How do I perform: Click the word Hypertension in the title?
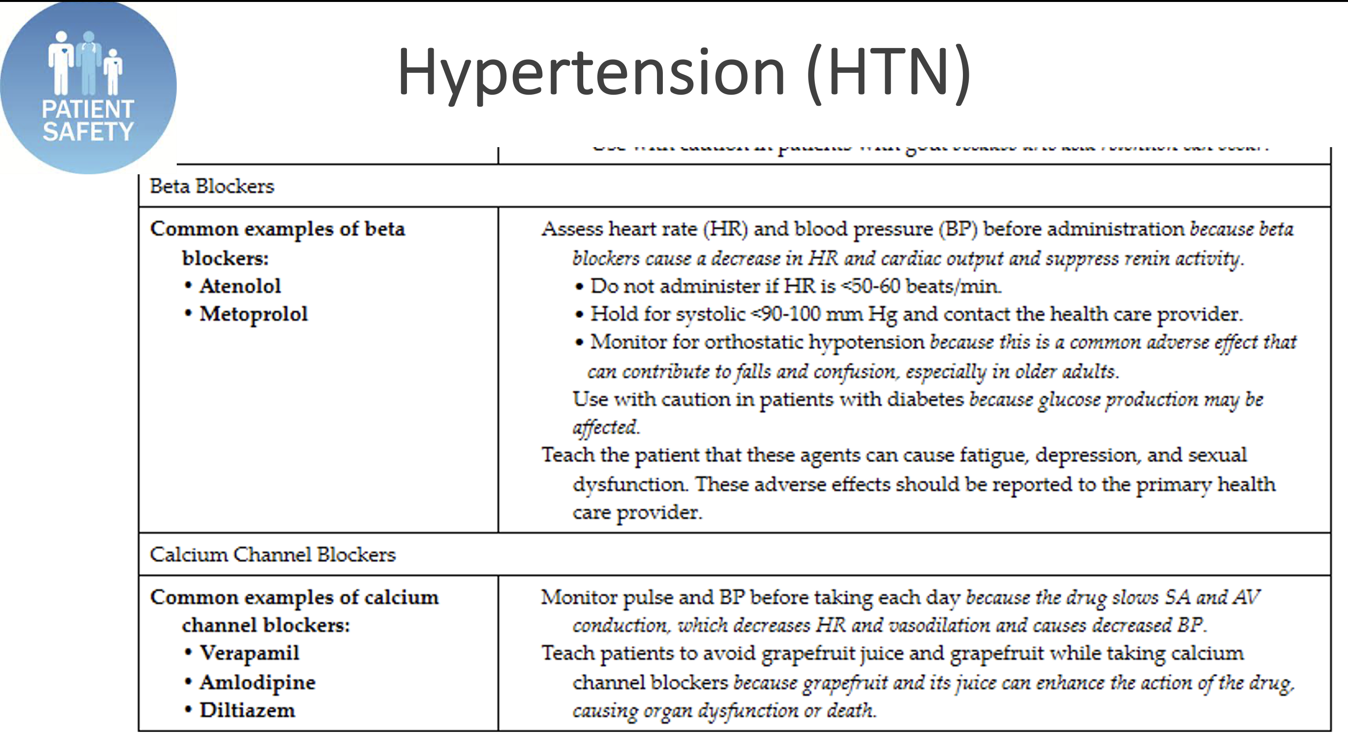(x=591, y=73)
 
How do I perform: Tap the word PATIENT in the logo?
(x=88, y=109)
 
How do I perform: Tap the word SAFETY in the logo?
(x=88, y=132)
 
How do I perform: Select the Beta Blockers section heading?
(x=212, y=186)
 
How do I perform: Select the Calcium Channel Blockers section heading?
(x=272, y=555)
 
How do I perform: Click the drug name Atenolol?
(x=240, y=286)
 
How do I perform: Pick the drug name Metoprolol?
(x=254, y=314)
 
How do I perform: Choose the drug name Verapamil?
(x=250, y=653)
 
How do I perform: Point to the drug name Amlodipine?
(x=257, y=683)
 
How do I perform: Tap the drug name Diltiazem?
(x=248, y=711)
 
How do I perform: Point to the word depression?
(x=1086, y=455)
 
